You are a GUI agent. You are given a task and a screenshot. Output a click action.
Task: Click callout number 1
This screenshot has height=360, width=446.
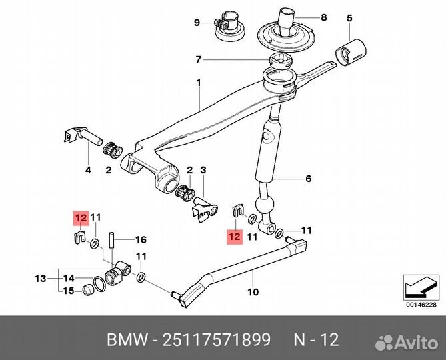197,83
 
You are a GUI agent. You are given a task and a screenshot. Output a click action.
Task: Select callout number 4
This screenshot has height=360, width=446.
87,171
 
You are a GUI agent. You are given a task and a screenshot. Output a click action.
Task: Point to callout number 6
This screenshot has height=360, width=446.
308,179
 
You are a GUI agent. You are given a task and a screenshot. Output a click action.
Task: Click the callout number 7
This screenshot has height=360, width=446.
198,60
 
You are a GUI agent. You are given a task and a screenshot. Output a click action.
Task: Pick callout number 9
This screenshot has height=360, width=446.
197,23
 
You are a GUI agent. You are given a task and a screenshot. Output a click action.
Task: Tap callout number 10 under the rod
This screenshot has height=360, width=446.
253,291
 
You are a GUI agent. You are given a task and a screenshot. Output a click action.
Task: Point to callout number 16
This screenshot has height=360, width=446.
141,239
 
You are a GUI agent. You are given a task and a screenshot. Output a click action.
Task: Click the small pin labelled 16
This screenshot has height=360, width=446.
114,239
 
